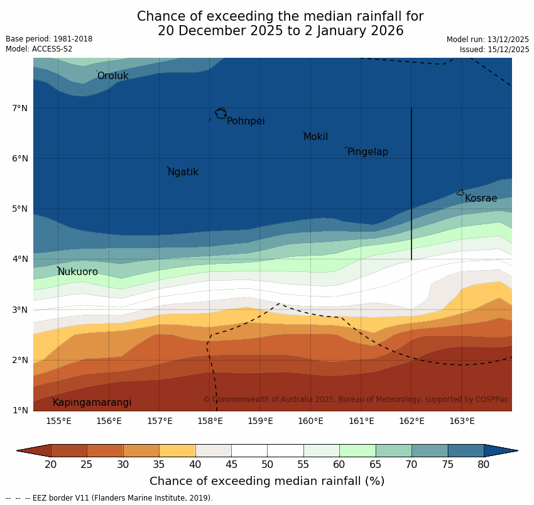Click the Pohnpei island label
246,121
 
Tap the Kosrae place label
481,198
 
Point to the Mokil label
315,137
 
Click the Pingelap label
368,152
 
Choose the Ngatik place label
183,172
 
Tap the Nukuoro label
78,272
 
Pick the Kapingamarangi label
92,403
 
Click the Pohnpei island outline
221,114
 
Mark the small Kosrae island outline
460,193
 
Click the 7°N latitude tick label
20,108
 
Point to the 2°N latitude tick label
20,360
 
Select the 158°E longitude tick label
210,421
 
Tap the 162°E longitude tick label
411,421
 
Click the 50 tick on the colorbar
267,464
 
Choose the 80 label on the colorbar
484,464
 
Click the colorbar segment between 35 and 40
177,450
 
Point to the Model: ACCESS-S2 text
39,49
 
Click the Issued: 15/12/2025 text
494,49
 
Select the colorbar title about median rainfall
267,481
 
